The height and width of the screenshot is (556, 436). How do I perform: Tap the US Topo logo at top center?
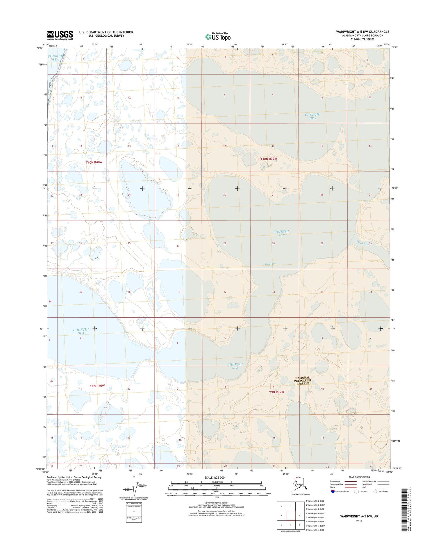[218, 37]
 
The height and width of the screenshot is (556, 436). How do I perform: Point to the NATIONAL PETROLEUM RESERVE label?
[302, 380]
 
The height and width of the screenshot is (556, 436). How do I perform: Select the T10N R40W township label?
[94, 162]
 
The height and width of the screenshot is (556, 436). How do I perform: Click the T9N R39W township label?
[276, 392]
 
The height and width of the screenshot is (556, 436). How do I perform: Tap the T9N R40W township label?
[97, 386]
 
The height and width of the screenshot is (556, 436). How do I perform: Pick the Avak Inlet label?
[270, 264]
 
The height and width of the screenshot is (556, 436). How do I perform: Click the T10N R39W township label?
[269, 159]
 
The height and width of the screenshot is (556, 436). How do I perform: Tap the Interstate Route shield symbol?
[333, 491]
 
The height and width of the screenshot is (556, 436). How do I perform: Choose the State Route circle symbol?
[375, 491]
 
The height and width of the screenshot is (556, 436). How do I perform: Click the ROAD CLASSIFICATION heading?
[359, 477]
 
